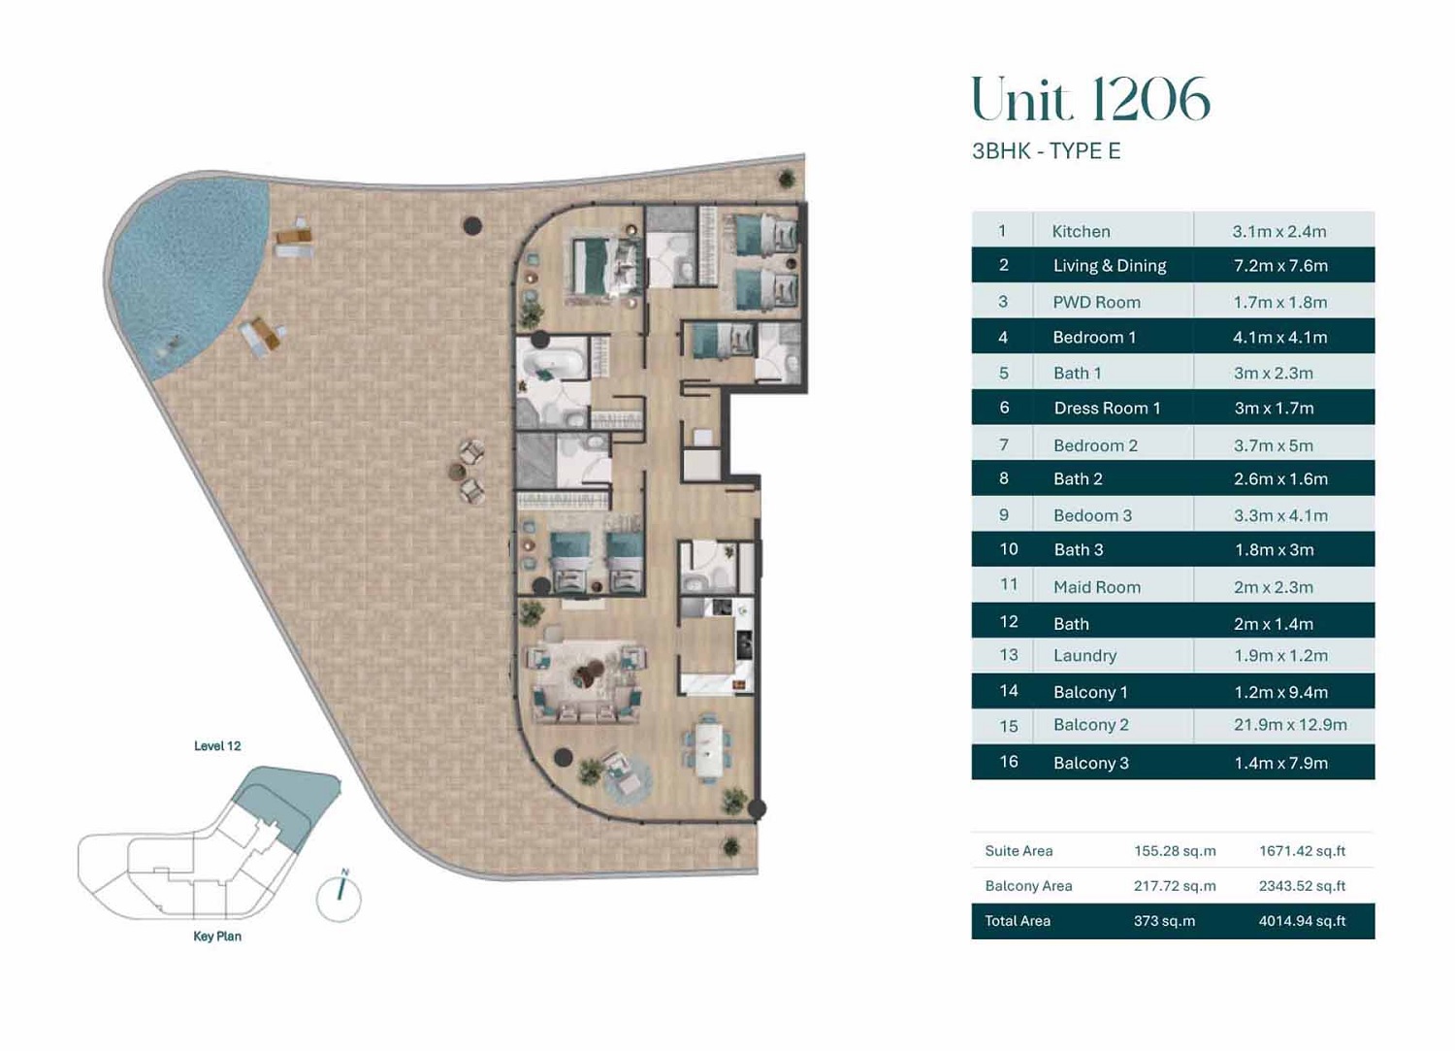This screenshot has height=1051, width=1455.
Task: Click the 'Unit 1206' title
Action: (1090, 99)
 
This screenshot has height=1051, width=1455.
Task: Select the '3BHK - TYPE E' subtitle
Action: (1046, 151)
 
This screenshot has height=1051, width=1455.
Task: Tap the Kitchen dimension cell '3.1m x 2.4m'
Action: (1278, 231)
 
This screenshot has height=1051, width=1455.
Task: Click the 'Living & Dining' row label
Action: (1109, 265)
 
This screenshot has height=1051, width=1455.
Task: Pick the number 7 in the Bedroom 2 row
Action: (1003, 444)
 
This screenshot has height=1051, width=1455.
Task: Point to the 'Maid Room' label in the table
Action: (1096, 586)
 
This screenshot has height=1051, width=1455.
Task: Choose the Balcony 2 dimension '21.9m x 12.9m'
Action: (1289, 725)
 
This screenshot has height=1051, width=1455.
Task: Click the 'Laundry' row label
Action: (1084, 655)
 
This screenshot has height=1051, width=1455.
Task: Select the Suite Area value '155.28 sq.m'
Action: (1174, 851)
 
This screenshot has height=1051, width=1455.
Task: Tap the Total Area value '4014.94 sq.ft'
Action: (1301, 921)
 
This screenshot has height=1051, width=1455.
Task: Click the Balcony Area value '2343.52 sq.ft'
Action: (1301, 886)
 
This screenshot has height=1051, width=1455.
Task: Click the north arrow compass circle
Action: (339, 898)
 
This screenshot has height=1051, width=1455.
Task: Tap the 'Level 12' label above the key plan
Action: (217, 746)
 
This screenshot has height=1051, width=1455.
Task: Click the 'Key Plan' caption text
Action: (217, 936)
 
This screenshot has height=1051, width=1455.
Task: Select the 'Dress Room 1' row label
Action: (1106, 409)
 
